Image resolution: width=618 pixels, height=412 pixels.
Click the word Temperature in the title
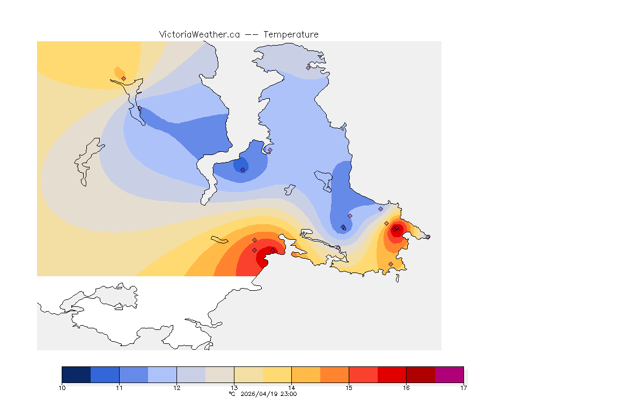pos(291,34)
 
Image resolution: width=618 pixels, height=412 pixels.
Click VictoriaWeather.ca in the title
pos(199,34)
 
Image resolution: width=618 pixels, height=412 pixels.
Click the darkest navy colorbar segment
pos(76,374)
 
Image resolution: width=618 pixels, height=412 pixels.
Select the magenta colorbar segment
pos(449,374)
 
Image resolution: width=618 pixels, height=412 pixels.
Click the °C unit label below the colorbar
pos(232,394)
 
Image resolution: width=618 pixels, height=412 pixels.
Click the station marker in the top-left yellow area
pos(123,78)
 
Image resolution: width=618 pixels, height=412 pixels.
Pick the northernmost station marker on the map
pos(308,68)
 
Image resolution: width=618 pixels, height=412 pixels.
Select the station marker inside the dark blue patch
pos(242,170)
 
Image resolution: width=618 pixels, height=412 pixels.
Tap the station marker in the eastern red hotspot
pos(394,230)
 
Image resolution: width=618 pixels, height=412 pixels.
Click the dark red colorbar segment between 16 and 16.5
pos(421,374)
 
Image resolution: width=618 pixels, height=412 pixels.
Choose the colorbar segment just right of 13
pos(248,374)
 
